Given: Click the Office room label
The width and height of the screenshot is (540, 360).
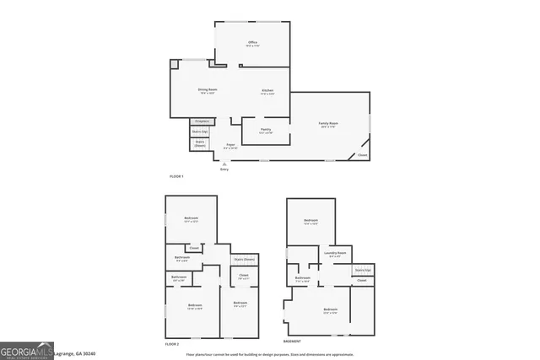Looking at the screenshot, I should pyautogui.click(x=251, y=43).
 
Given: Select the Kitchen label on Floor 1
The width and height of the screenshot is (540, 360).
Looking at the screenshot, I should pyautogui.click(x=267, y=91).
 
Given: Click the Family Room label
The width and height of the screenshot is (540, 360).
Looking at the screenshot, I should pyautogui.click(x=328, y=125).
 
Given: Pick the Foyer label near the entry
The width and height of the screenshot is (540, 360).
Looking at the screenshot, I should pyautogui.click(x=230, y=147).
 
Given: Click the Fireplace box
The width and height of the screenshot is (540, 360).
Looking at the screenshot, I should pyautogui.click(x=202, y=121).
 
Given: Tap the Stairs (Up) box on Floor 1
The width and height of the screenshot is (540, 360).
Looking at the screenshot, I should pyautogui.click(x=200, y=132).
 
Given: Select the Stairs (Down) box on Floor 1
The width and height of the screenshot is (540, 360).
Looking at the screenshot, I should pyautogui.click(x=200, y=144).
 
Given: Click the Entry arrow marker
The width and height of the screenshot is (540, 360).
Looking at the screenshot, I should pyautogui.click(x=224, y=164).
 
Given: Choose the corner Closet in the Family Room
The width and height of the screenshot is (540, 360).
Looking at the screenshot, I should pyautogui.click(x=362, y=155).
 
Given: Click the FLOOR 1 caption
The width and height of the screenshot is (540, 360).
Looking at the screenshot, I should pyautogui.click(x=176, y=175).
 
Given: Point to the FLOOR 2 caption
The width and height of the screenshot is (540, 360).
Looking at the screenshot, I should pyautogui.click(x=172, y=342).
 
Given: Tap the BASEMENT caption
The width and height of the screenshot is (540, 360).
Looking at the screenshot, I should pyautogui.click(x=293, y=342).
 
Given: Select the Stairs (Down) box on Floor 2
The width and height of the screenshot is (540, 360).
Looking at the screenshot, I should pyautogui.click(x=244, y=260).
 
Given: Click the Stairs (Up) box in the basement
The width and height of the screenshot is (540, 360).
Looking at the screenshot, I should pyautogui.click(x=362, y=270).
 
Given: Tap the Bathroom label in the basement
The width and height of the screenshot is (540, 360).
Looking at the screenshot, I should pyautogui.click(x=303, y=279).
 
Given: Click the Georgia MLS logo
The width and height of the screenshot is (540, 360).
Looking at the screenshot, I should pyautogui.click(x=27, y=349).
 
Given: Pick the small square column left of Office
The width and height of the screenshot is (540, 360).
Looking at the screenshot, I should pyautogui.click(x=174, y=64).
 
